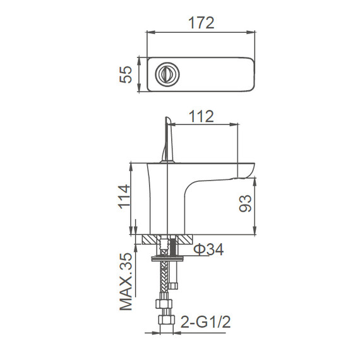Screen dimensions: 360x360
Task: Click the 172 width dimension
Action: coord(201,22)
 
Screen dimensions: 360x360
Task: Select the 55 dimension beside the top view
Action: coord(126,75)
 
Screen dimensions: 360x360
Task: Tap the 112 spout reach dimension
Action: coord(201,116)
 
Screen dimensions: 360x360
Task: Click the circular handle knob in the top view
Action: coord(167,75)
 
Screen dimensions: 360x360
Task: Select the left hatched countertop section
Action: coord(151,240)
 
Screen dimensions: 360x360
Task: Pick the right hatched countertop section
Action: coord(184,240)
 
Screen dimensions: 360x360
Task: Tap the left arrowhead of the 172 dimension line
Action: coord(150,32)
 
